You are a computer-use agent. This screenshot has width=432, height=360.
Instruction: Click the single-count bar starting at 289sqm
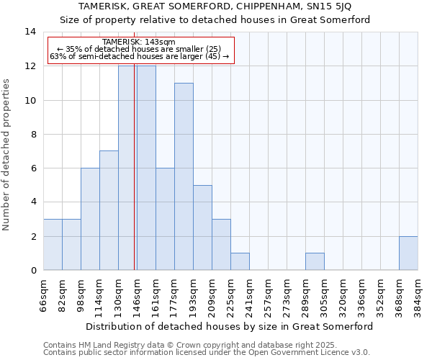click(315, 261)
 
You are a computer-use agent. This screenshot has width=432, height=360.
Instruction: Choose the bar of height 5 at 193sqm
click(202, 228)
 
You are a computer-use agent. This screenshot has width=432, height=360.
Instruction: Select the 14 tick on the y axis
click(30, 32)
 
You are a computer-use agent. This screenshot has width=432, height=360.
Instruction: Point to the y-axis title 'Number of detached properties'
click(7, 154)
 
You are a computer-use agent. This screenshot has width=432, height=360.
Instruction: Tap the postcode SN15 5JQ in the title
click(330, 6)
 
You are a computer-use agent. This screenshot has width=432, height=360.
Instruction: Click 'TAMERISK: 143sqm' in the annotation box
click(139, 42)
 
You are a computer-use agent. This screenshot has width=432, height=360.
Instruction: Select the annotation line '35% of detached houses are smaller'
click(139, 49)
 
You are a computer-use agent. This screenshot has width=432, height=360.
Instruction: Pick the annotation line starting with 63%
click(139, 56)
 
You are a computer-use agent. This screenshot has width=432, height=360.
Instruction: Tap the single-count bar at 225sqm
click(240, 261)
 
